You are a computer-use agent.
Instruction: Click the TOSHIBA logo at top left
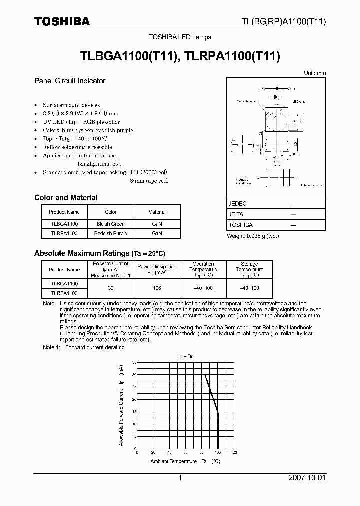(62, 21)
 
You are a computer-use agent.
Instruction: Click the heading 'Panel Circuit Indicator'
(70, 81)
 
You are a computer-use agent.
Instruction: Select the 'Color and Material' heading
(66, 198)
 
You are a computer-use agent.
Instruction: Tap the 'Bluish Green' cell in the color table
(111, 224)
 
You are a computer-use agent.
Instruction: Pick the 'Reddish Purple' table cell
(111, 233)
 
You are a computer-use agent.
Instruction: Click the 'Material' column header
(157, 212)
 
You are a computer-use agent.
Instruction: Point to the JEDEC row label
(238, 204)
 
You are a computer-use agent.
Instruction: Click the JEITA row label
(237, 214)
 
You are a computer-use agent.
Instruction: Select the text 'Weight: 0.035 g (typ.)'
(253, 236)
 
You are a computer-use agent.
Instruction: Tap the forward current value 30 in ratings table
(111, 288)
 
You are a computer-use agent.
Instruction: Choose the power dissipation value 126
(157, 288)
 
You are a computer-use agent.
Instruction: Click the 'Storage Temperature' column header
(249, 269)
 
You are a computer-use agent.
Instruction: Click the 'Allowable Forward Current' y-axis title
(121, 405)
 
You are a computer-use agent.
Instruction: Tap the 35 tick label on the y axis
(134, 362)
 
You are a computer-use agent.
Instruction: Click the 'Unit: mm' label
(315, 73)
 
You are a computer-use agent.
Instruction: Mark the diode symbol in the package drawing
(274, 89)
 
